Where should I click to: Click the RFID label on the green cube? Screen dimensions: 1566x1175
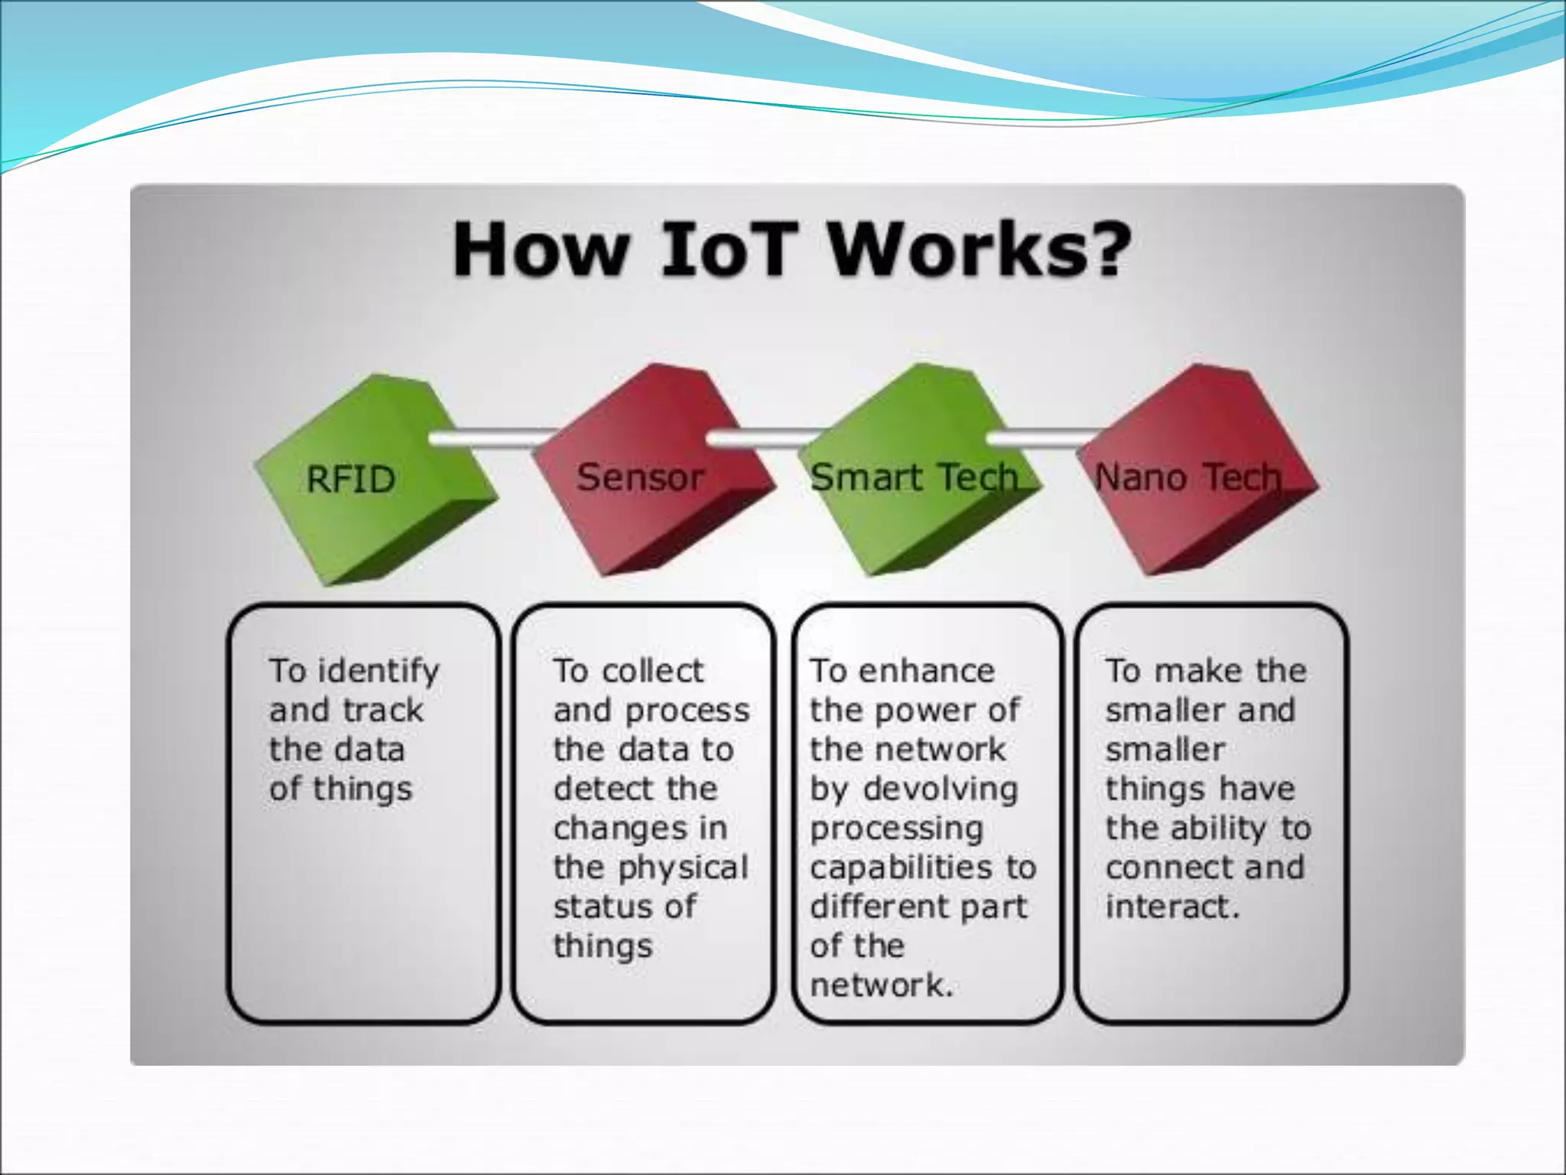[x=351, y=480]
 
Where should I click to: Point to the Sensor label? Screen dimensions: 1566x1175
[x=640, y=477]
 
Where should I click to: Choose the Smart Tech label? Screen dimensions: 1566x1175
[x=915, y=477]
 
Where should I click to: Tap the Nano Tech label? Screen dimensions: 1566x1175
[x=1187, y=477]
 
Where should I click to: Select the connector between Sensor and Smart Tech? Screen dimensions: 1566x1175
[x=765, y=438]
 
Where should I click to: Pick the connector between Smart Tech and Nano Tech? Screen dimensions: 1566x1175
[x=1044, y=438]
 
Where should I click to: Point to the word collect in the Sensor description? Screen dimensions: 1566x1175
[x=652, y=671]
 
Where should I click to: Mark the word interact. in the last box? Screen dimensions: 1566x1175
[x=1172, y=906]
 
